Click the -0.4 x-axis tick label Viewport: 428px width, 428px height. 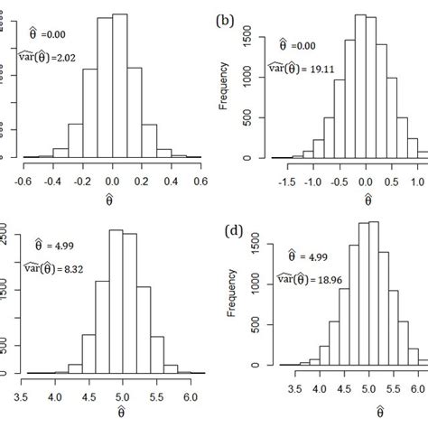pos(52,181)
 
